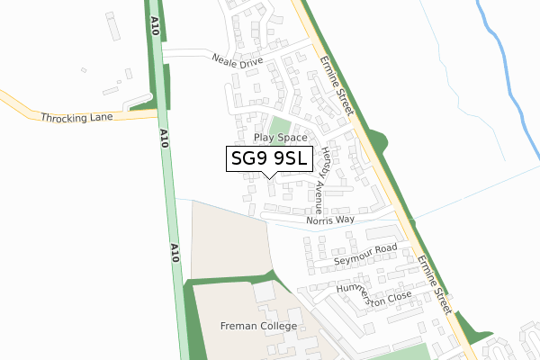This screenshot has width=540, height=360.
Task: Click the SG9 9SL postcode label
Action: click(270, 159)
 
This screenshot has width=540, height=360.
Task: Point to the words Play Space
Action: click(281, 138)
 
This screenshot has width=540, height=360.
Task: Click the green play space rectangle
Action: click(281, 125)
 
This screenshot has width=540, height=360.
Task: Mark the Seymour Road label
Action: click(365, 255)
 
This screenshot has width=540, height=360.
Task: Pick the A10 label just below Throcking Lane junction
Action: click(165, 138)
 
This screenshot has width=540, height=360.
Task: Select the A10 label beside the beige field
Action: click(175, 251)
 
